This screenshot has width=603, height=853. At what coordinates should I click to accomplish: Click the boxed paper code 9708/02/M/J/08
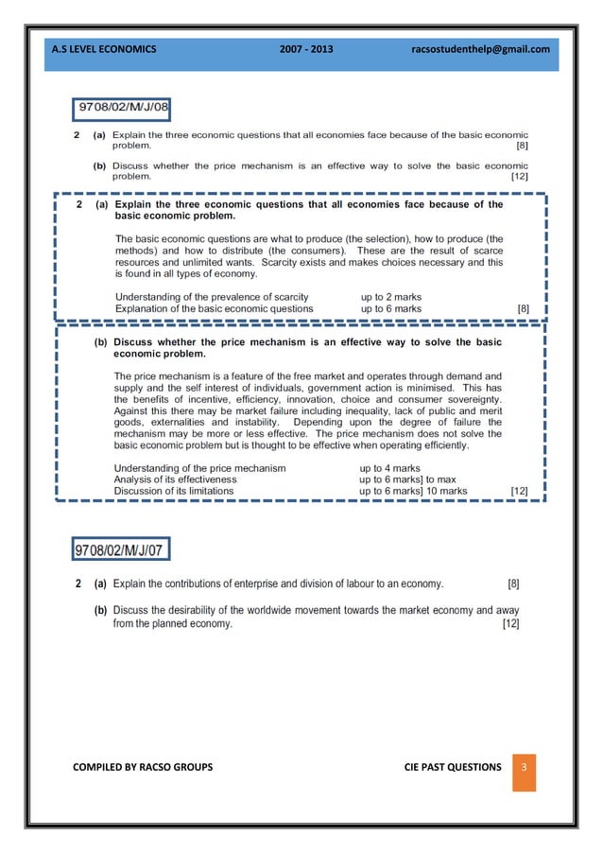[x=124, y=109]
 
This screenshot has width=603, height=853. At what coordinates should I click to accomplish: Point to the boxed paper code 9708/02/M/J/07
[x=122, y=550]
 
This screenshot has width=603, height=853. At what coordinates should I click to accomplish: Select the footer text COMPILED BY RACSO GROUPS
[x=143, y=766]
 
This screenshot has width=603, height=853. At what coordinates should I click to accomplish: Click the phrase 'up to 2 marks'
[x=391, y=297]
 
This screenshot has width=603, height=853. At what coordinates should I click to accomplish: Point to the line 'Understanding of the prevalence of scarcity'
[x=212, y=297]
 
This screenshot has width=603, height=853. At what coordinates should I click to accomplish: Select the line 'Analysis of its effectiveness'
[x=176, y=479]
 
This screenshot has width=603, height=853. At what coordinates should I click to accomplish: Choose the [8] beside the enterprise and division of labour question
[x=513, y=583]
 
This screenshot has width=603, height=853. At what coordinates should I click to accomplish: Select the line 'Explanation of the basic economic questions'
[x=214, y=308]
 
